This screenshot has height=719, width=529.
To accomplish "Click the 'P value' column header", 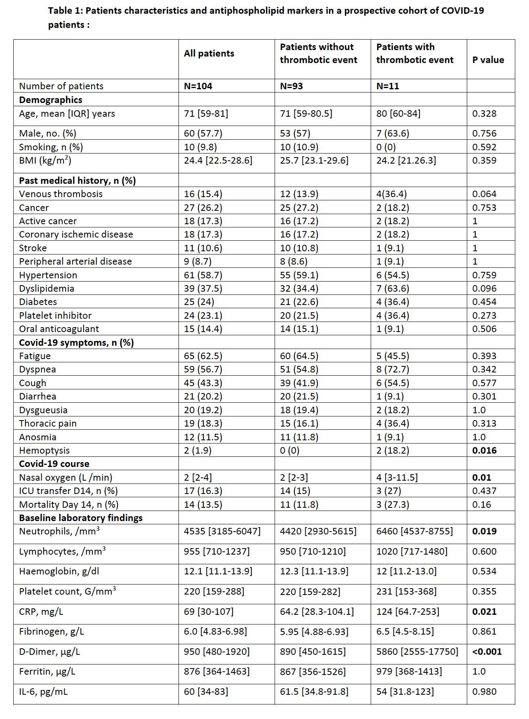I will click(488, 60).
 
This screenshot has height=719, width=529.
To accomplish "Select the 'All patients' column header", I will click(209, 53).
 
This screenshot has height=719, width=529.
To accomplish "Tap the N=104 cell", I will click(198, 86).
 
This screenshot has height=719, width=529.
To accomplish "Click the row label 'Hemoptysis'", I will click(44, 450).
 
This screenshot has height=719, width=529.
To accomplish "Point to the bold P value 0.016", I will click(484, 450).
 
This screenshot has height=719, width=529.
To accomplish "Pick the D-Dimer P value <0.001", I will click(487, 652).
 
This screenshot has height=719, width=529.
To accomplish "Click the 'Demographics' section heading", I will click(50, 100).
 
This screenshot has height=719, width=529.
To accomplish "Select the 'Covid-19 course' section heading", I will click(54, 464).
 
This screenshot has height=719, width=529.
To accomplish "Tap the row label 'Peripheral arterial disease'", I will click(76, 261).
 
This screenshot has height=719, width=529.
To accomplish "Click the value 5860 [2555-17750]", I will click(417, 652).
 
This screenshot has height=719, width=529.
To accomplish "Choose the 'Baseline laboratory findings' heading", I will click(81, 518).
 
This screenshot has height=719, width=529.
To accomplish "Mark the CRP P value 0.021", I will click(484, 612).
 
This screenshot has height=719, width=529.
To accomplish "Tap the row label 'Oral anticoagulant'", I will click(59, 329).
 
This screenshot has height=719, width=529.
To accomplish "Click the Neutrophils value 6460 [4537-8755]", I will click(414, 531).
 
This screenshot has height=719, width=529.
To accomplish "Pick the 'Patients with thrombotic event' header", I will click(415, 53).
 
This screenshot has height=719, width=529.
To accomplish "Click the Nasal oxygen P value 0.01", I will click(481, 477).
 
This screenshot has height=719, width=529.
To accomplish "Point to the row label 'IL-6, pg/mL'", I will click(44, 692).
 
